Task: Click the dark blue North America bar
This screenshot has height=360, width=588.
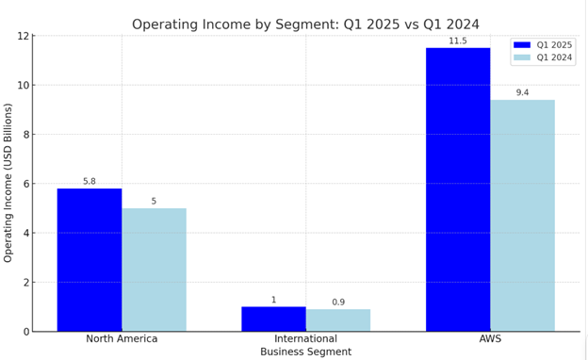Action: coord(90,260)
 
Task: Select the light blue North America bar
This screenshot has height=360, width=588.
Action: coord(154,270)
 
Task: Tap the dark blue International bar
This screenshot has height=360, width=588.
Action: coord(273,319)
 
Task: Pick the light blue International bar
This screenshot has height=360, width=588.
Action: coord(337,320)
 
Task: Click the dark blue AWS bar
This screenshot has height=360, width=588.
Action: coord(458,189)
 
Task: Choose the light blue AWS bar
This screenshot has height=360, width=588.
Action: coord(522,216)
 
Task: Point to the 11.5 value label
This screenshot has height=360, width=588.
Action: coord(458,41)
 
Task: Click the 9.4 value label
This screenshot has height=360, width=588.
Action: coord(522,93)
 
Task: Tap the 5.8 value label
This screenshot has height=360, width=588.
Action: coord(90,182)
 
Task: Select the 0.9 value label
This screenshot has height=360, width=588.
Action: coord(337,303)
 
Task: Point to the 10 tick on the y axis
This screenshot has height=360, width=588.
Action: coord(23,86)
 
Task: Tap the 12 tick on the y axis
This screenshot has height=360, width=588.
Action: coord(23,37)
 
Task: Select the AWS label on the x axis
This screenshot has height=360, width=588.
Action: coord(490,338)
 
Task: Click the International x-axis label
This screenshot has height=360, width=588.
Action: coord(305,338)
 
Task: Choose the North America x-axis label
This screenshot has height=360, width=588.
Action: coord(122,338)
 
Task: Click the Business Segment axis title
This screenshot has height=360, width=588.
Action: coord(305,352)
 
